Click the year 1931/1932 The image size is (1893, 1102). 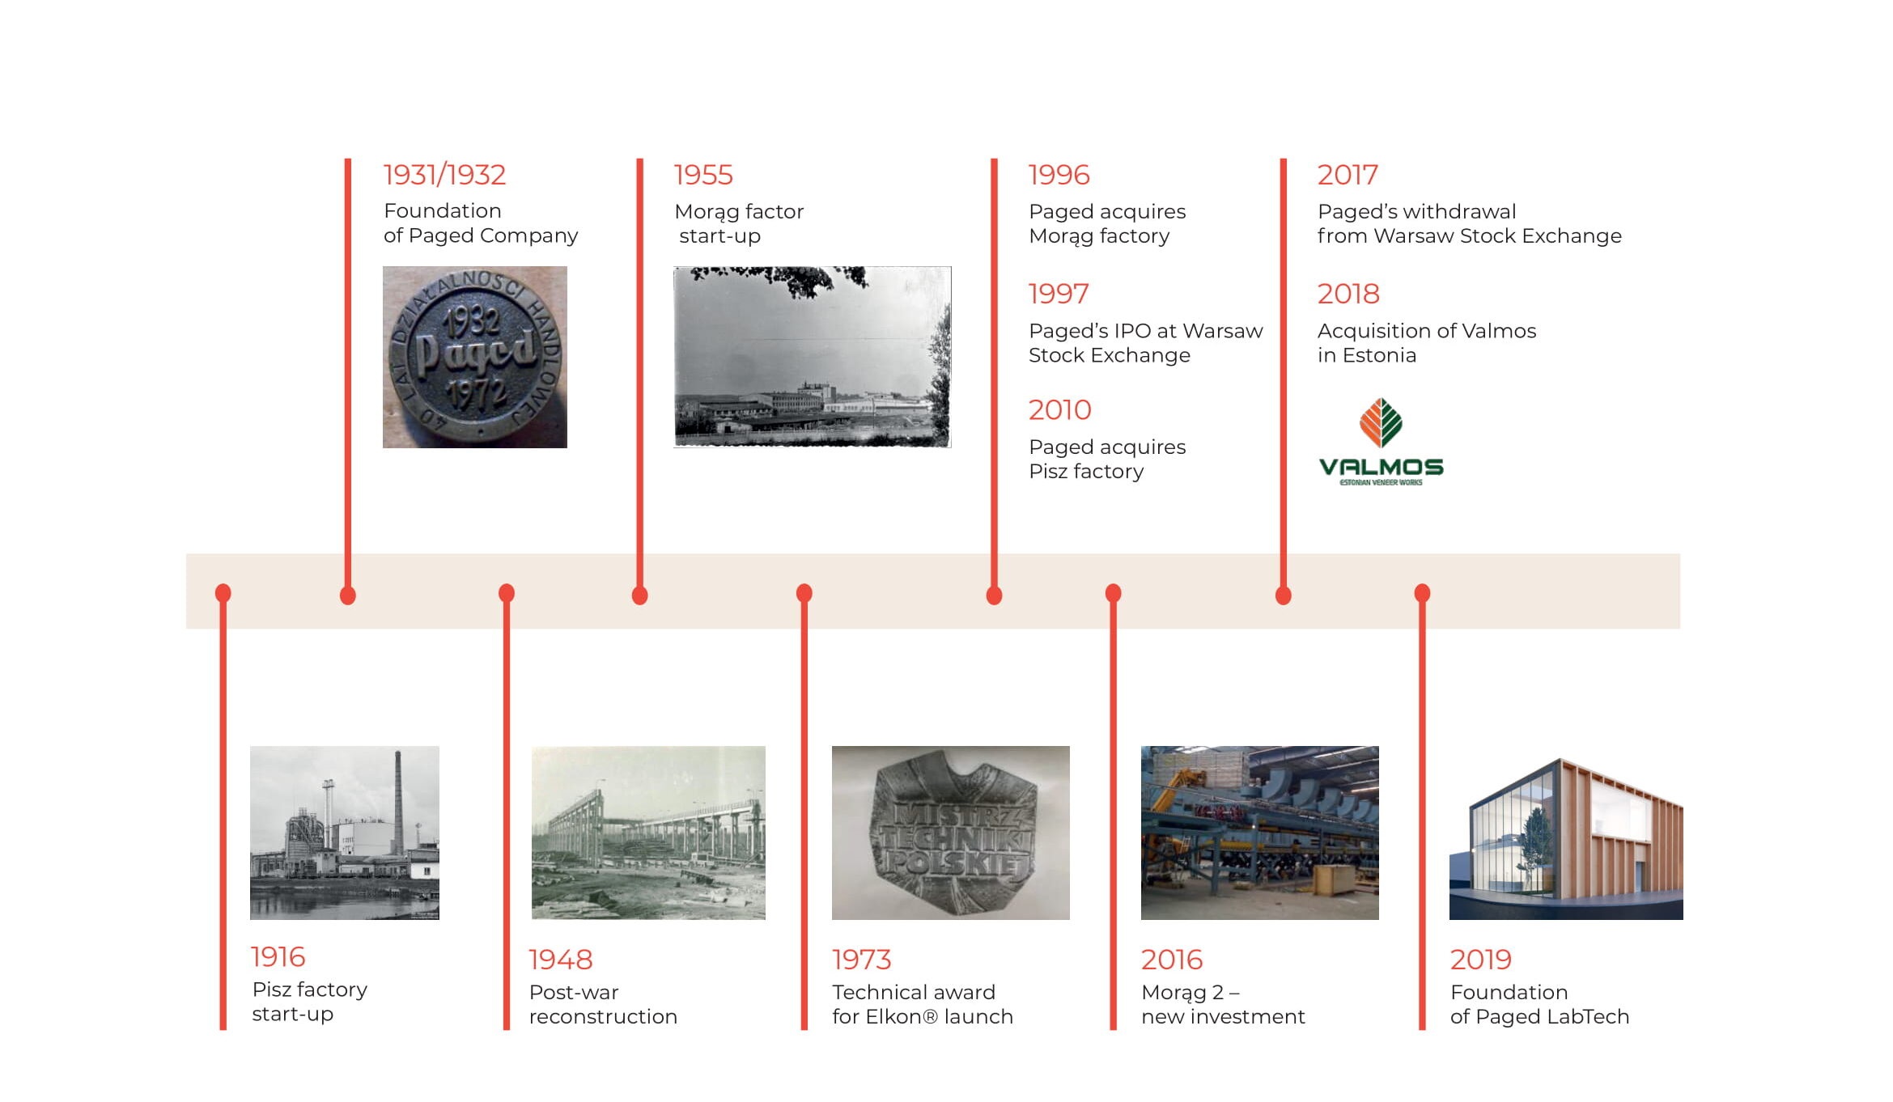tap(444, 175)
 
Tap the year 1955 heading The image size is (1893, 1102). tap(703, 175)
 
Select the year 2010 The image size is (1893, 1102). tap(1060, 410)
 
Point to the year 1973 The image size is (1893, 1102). tap(862, 960)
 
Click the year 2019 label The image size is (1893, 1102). tap(1481, 960)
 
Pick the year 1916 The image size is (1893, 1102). tap(278, 957)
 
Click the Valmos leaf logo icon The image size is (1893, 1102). tap(1381, 422)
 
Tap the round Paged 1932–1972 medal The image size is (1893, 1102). tap(475, 357)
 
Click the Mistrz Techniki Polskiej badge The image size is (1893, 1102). tap(952, 833)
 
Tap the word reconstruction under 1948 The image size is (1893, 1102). tap(603, 1016)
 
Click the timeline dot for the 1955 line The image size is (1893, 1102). tap(639, 596)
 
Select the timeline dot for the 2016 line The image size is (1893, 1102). tap(1114, 593)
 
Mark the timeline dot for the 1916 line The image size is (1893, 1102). tap(223, 593)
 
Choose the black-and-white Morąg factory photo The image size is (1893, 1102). tap(813, 357)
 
